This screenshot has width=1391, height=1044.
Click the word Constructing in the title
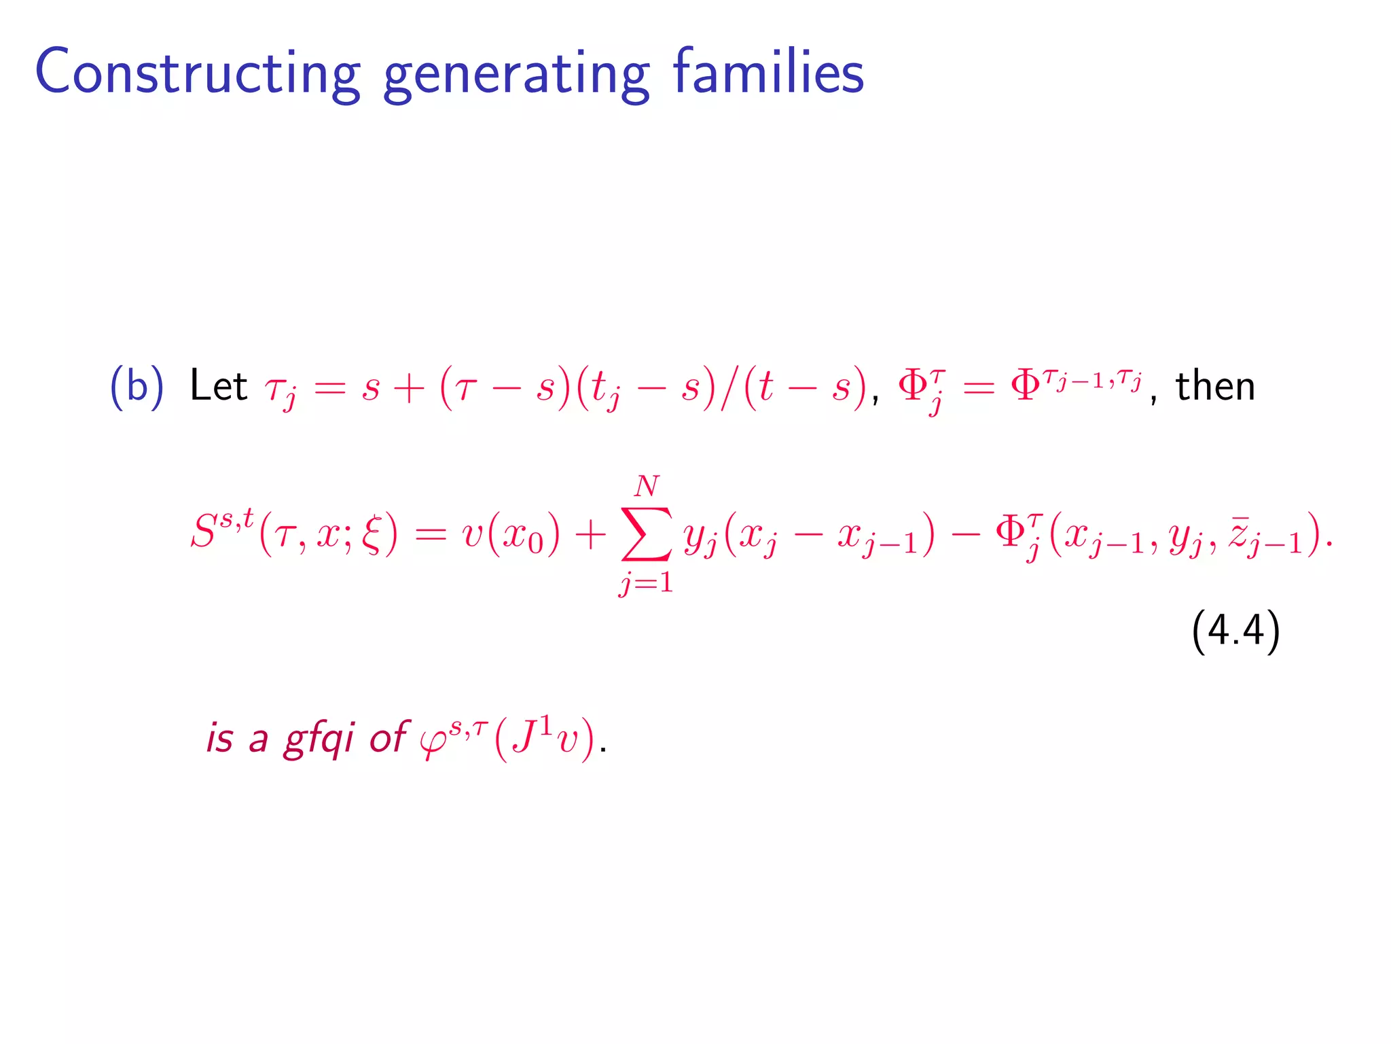pos(197,71)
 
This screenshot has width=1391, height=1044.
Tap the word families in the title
pos(768,71)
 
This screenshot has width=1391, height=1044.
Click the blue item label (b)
pos(137,387)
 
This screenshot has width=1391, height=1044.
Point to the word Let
pos(218,386)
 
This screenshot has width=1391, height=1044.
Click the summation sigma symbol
pos(646,534)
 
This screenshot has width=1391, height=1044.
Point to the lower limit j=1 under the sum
pos(646,582)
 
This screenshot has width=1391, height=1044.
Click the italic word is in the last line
pos(219,737)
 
